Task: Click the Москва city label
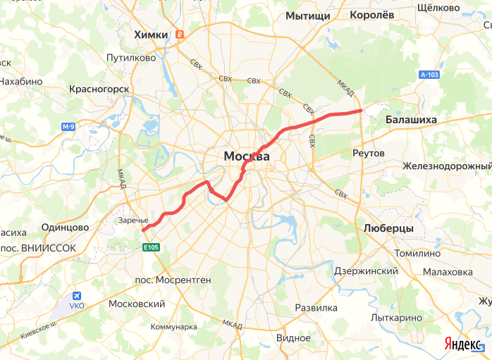(x=246, y=156)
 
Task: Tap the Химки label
(x=152, y=35)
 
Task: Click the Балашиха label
(x=411, y=120)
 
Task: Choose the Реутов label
(x=368, y=153)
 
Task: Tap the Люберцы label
(x=388, y=229)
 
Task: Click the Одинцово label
(x=65, y=228)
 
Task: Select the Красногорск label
(x=99, y=89)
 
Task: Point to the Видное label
(x=293, y=337)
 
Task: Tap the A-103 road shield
(x=429, y=74)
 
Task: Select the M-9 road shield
(x=68, y=127)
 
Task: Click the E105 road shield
(x=151, y=247)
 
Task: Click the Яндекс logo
(x=462, y=343)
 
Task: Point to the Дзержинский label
(x=366, y=271)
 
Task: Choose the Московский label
(x=137, y=304)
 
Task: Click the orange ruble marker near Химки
(x=180, y=35)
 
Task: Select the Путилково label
(x=130, y=58)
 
